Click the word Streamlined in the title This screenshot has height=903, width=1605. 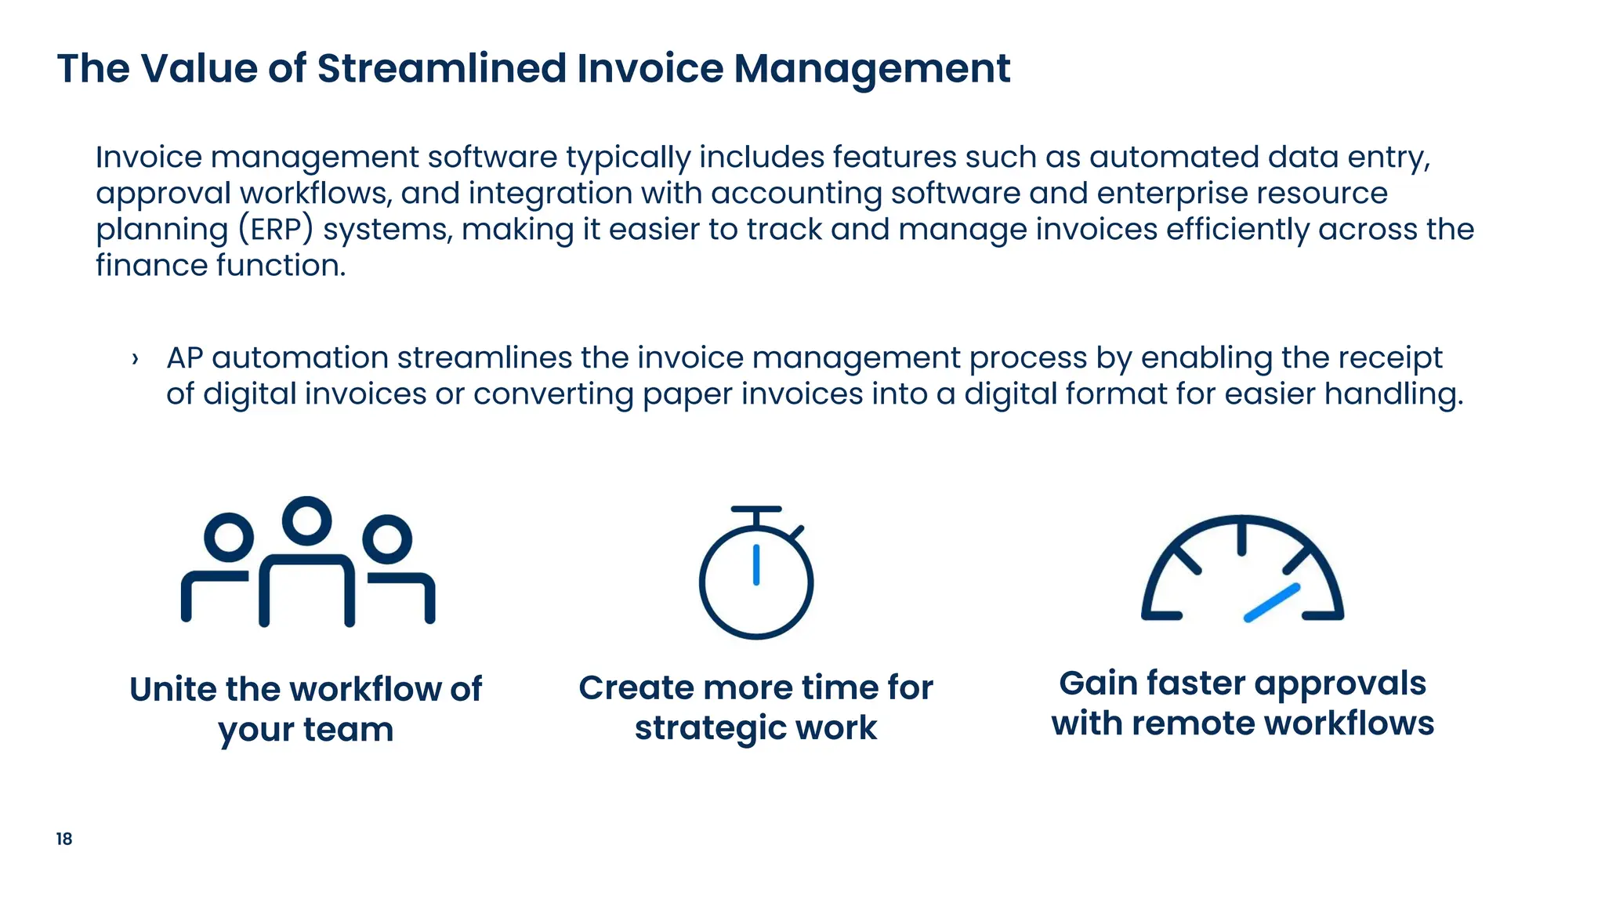[441, 68]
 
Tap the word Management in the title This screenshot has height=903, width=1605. [871, 68]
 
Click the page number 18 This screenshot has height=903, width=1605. [64, 839]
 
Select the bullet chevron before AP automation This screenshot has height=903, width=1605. [136, 360]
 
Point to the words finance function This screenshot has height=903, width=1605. [220, 266]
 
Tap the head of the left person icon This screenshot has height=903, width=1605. [229, 537]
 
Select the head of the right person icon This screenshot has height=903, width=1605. [387, 539]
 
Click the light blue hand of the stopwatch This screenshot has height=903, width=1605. [756, 565]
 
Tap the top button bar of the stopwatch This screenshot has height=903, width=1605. [756, 510]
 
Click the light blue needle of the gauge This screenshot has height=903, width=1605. [1272, 603]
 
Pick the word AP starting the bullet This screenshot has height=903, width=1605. [185, 358]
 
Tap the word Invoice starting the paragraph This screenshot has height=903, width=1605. [149, 158]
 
